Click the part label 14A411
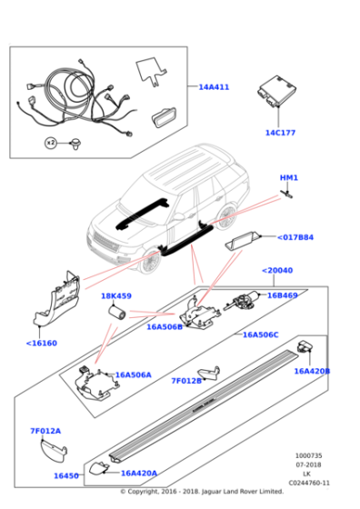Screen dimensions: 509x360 [214, 87]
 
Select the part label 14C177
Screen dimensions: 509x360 [280, 133]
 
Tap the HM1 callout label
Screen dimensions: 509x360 [288, 178]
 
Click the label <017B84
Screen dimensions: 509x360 [295, 237]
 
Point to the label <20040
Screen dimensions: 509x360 [279, 270]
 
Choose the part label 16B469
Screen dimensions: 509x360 [282, 295]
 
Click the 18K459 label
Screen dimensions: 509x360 [115, 296]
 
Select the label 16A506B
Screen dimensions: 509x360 [166, 326]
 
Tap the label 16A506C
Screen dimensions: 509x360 [260, 334]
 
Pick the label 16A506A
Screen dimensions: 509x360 [133, 374]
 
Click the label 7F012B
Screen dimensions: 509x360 [186, 381]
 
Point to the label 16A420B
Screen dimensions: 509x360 [312, 371]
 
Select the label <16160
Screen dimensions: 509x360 [42, 343]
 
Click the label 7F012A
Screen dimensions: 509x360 [45, 431]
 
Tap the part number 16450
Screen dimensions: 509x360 [65, 475]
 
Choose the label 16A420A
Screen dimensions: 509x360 [139, 473]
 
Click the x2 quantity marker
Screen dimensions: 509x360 [51, 143]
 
